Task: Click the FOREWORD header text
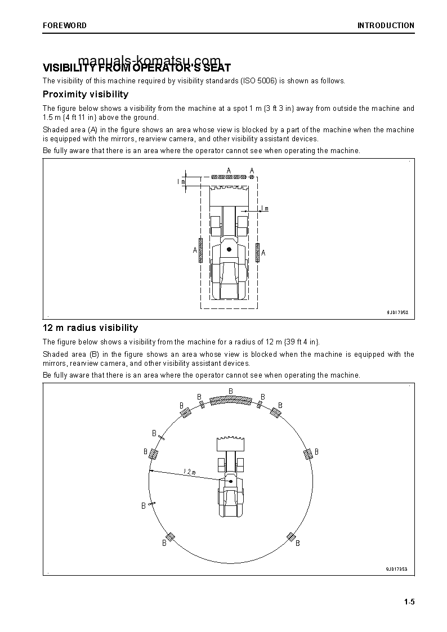point(65,25)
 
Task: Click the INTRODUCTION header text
point(386,25)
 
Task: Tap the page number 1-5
point(409,602)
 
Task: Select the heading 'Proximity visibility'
point(86,95)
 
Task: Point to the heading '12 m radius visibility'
point(90,328)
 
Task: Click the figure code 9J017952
point(397,312)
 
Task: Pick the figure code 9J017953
point(396,569)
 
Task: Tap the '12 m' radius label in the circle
point(189,472)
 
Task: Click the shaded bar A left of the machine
point(200,250)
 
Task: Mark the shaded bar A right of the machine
point(257,252)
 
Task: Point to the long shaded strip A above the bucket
point(229,177)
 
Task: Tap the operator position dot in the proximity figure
point(229,249)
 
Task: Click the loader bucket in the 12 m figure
point(230,443)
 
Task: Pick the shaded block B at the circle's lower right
point(291,537)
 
